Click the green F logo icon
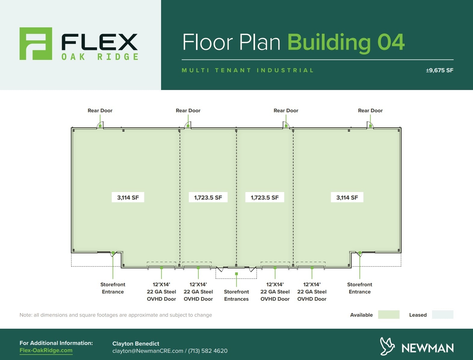point(36,44)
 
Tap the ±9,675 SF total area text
point(439,70)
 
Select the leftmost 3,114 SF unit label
point(128,197)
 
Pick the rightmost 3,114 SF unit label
point(347,197)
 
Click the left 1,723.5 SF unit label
point(208,197)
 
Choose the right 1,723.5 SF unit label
point(265,197)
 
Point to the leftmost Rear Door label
point(100,110)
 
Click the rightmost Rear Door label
point(370,110)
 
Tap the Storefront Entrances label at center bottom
point(236,295)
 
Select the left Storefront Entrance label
point(113,288)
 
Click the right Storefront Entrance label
point(359,288)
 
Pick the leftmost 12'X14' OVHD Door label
point(161,292)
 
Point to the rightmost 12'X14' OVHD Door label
point(312,292)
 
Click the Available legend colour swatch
point(389,315)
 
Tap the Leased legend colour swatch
point(443,315)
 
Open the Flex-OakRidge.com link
point(46,350)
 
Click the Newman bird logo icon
point(387,346)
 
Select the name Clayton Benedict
point(136,343)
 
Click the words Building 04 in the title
point(346,42)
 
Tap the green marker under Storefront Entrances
point(236,274)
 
